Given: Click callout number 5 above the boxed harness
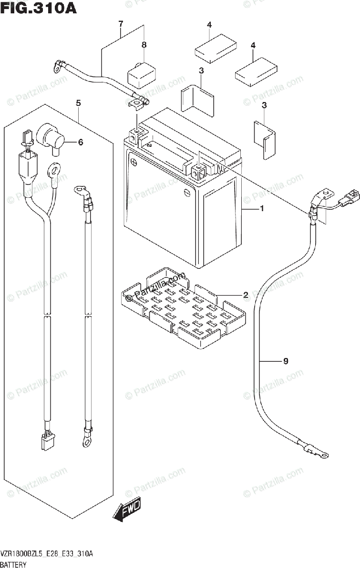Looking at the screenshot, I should pos(78,103).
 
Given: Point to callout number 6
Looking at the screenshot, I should pos(81,142).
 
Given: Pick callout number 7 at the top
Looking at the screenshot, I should pos(121,23).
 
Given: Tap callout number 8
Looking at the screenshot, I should pos(144,45).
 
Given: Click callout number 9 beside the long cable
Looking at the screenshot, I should pos(286,361).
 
